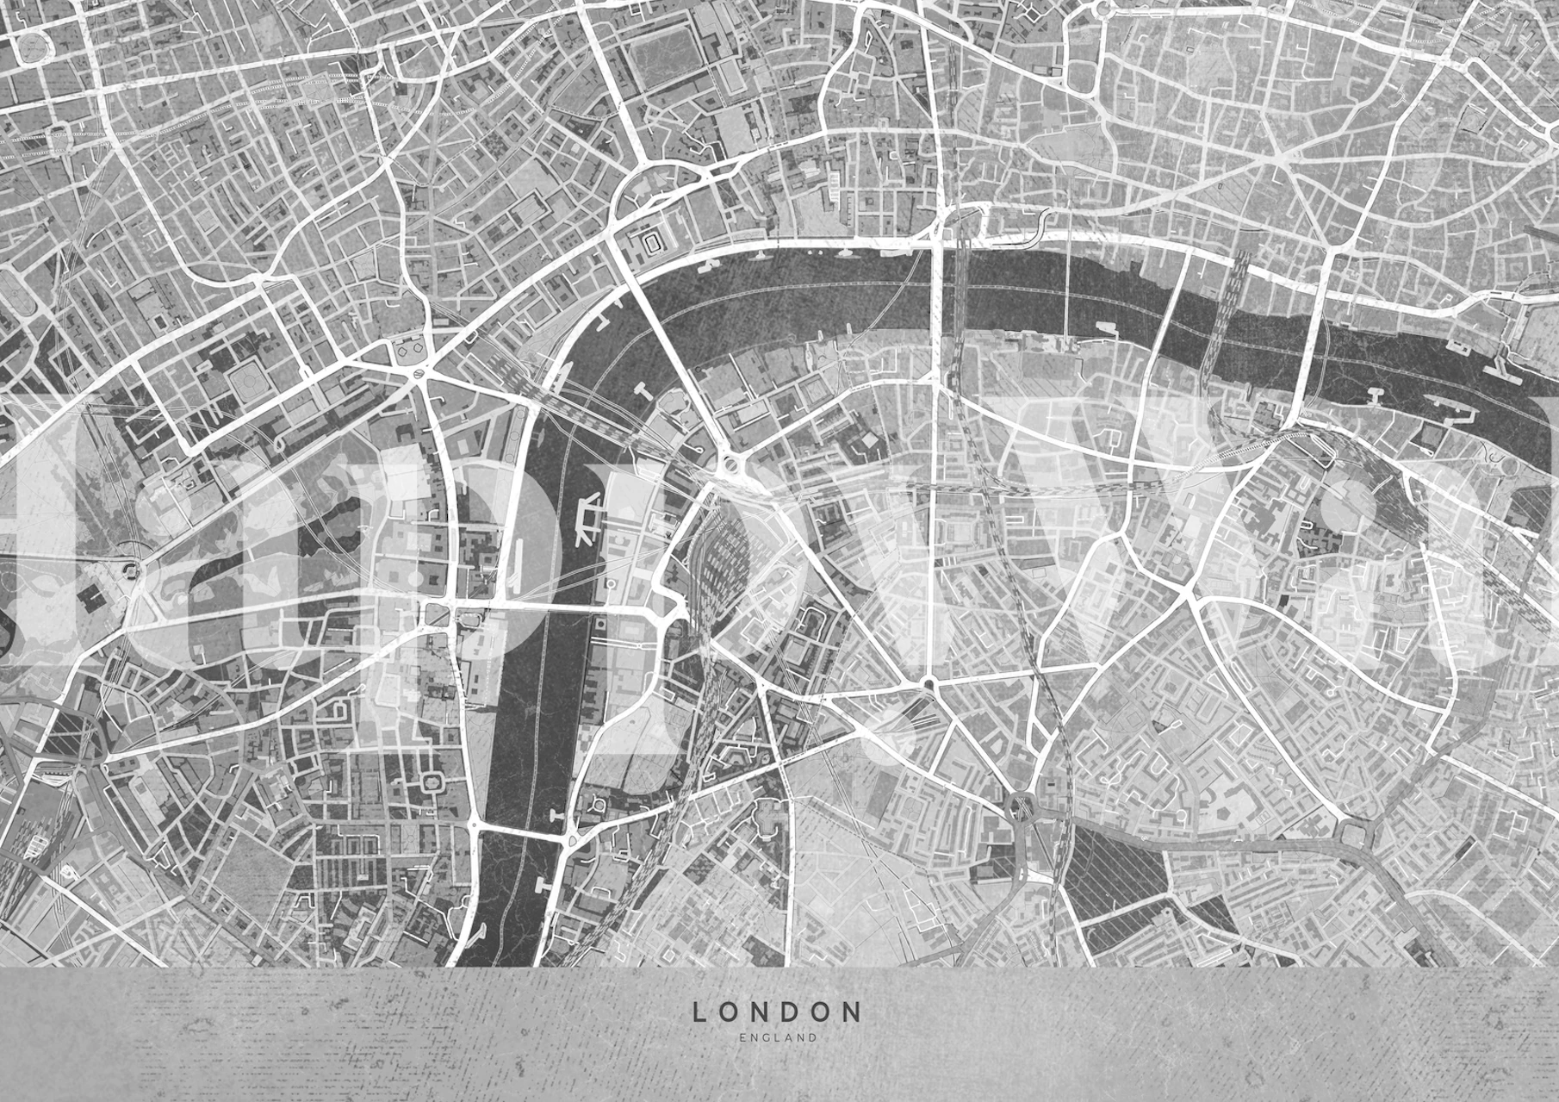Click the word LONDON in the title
pyautogui.click(x=777, y=1011)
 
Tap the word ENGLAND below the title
pyautogui.click(x=777, y=1038)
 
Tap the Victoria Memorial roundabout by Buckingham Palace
pyautogui.click(x=129, y=569)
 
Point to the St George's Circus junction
pyautogui.click(x=929, y=685)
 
